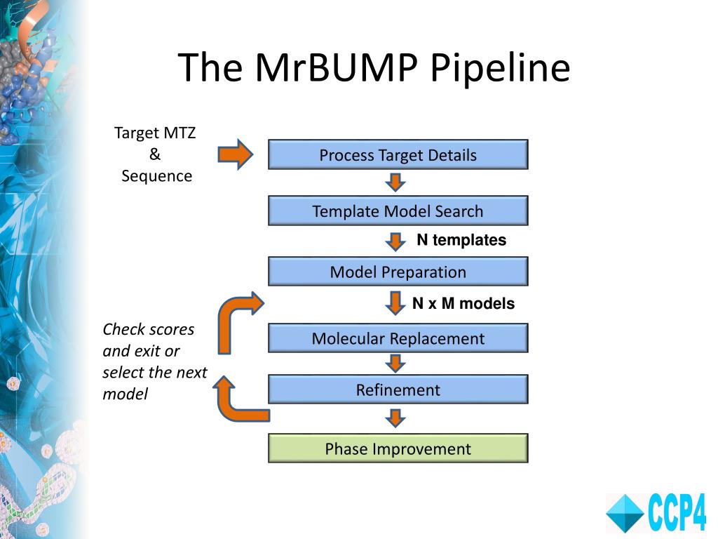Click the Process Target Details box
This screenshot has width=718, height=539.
(398, 154)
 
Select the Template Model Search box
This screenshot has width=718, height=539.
(398, 211)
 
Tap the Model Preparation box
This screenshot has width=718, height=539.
(398, 272)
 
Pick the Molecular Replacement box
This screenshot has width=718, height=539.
(398, 338)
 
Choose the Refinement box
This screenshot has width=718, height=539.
(398, 389)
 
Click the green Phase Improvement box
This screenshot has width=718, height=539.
(398, 448)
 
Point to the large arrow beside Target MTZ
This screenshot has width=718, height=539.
(236, 154)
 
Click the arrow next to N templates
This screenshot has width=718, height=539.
(395, 241)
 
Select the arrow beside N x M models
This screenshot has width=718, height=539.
(395, 303)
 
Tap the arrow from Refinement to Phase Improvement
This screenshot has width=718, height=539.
(395, 418)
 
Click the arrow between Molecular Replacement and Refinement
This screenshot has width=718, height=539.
(395, 363)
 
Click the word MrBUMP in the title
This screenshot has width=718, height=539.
(336, 67)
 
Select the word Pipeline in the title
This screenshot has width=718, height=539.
(500, 68)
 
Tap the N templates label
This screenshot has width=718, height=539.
(461, 240)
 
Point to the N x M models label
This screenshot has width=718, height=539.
(463, 303)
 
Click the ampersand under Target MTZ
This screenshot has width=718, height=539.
(155, 154)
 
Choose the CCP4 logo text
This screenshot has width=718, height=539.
(677, 513)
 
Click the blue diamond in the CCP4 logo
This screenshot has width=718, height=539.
(625, 514)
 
